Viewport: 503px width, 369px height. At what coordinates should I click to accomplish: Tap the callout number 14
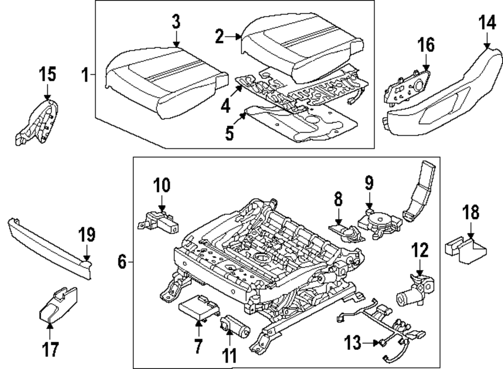coord(486,24)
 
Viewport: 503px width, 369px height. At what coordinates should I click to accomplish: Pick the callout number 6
coord(122,262)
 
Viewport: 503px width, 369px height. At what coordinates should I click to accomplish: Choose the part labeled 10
coord(157,222)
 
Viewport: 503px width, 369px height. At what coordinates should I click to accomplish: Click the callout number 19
coord(86,234)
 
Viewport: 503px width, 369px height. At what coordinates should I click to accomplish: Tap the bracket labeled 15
coord(38,123)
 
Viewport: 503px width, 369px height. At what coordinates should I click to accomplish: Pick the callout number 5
coord(229,134)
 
